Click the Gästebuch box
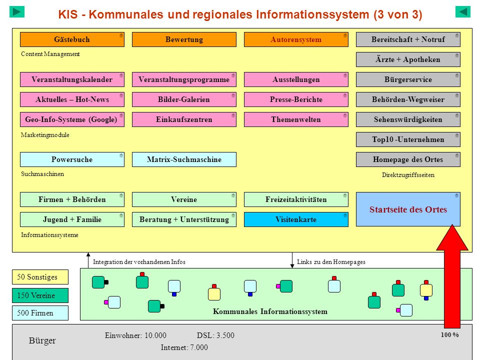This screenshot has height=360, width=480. (72, 39)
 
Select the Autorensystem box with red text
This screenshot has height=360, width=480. (296, 39)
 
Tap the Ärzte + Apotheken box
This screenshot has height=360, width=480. (408, 59)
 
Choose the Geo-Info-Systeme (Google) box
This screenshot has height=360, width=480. (72, 119)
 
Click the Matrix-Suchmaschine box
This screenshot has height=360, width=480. (184, 159)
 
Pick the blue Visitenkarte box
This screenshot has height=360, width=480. (296, 219)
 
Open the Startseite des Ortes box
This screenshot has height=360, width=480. (408, 209)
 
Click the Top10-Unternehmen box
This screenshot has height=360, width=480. (408, 139)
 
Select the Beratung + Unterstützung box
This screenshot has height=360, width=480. (184, 219)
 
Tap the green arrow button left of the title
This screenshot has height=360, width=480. (17, 12)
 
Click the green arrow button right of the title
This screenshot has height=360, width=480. (463, 12)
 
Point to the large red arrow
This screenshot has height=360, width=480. (452, 276)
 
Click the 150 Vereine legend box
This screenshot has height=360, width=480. (40, 295)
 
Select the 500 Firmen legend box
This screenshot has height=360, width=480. (40, 313)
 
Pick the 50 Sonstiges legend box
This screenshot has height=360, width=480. (40, 277)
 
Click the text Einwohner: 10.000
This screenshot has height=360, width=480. (135, 335)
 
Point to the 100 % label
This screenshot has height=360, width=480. (449, 335)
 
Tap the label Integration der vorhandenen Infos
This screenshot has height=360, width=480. (139, 262)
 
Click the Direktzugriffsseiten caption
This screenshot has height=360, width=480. (408, 175)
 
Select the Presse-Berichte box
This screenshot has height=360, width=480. (296, 99)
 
